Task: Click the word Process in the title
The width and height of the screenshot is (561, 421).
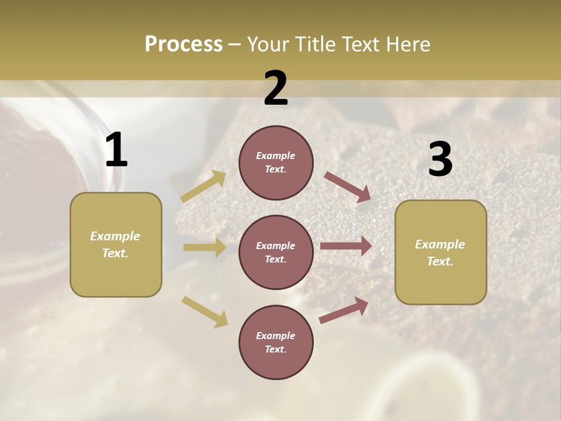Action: click(x=183, y=44)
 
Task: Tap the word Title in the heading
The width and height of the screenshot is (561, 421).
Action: click(x=314, y=44)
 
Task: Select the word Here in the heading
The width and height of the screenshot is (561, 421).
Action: click(x=407, y=44)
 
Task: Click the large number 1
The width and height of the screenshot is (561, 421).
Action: click(x=116, y=150)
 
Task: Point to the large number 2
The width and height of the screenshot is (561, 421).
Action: click(x=276, y=88)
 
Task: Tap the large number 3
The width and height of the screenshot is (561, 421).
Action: click(x=440, y=160)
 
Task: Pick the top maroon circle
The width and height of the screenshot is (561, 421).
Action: click(x=276, y=163)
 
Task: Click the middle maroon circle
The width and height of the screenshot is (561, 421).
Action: click(x=276, y=252)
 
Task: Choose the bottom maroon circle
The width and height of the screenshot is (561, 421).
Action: click(x=276, y=342)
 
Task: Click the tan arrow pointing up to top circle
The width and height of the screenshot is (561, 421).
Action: click(x=203, y=187)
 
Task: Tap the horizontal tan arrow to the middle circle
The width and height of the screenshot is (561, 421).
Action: click(x=205, y=247)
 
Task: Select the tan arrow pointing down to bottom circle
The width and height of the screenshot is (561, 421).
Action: click(x=205, y=311)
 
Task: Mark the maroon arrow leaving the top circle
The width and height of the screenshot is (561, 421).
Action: click(x=347, y=187)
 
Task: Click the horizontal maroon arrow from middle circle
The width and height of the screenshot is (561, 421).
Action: click(x=346, y=246)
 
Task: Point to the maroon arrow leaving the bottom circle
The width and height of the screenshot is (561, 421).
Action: click(x=344, y=310)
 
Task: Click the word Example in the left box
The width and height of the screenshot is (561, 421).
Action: click(x=115, y=236)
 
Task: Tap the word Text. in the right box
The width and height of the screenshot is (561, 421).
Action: click(x=440, y=261)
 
